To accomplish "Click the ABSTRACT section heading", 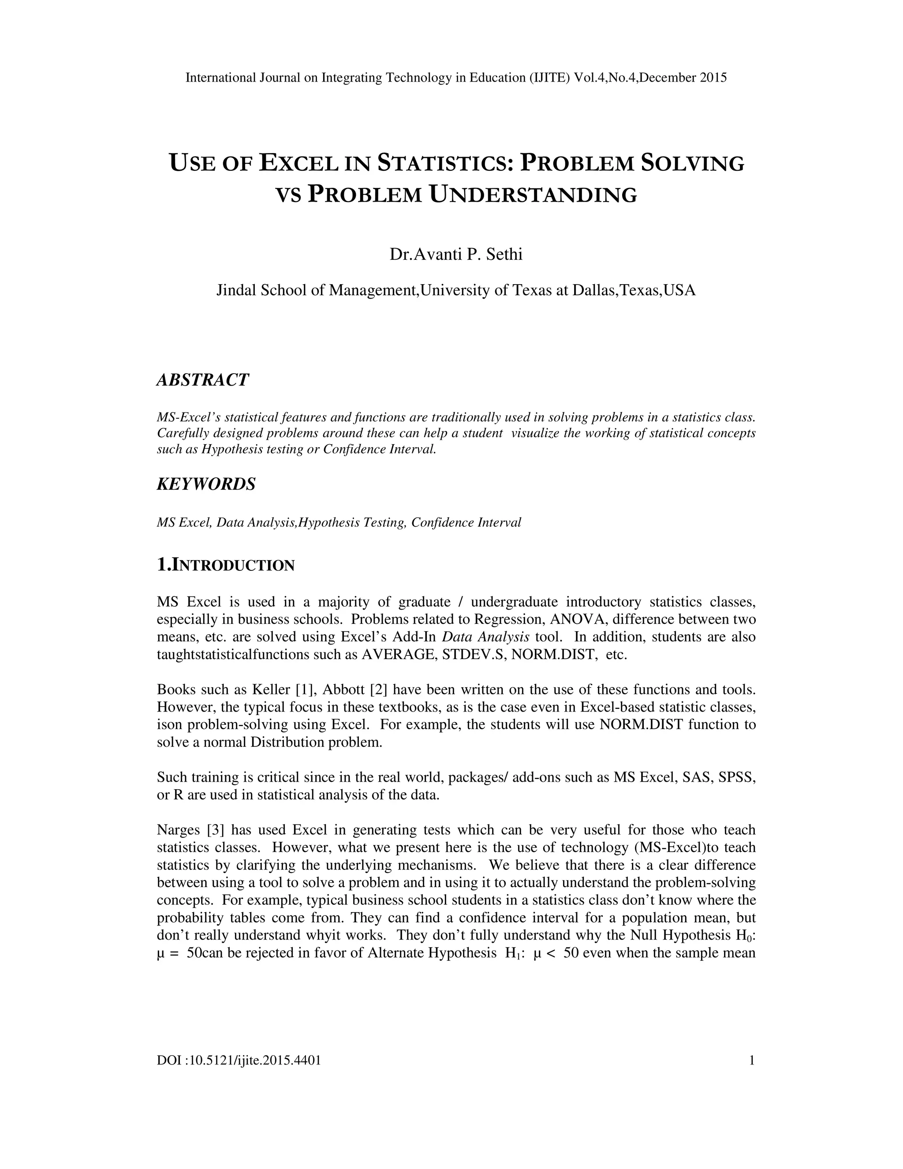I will [x=203, y=380].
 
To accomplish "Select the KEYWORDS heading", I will [x=206, y=484].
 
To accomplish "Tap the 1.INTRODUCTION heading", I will [x=225, y=565].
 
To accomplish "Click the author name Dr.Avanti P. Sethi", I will [x=456, y=254].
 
